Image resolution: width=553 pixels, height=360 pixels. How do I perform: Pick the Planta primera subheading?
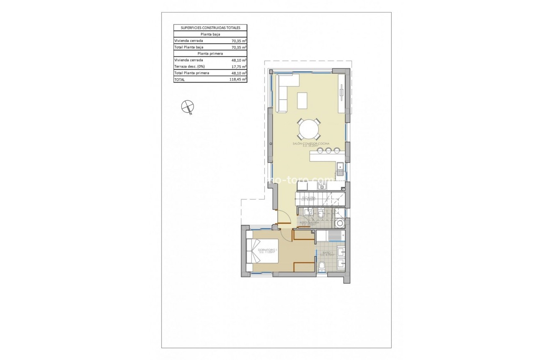click(210, 54)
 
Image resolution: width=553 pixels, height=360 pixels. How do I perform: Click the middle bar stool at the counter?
click(323, 150)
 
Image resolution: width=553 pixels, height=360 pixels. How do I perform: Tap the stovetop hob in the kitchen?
click(302, 186)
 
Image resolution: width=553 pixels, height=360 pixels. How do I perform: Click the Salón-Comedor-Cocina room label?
click(311, 144)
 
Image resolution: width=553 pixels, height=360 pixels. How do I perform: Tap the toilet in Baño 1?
click(322, 266)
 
